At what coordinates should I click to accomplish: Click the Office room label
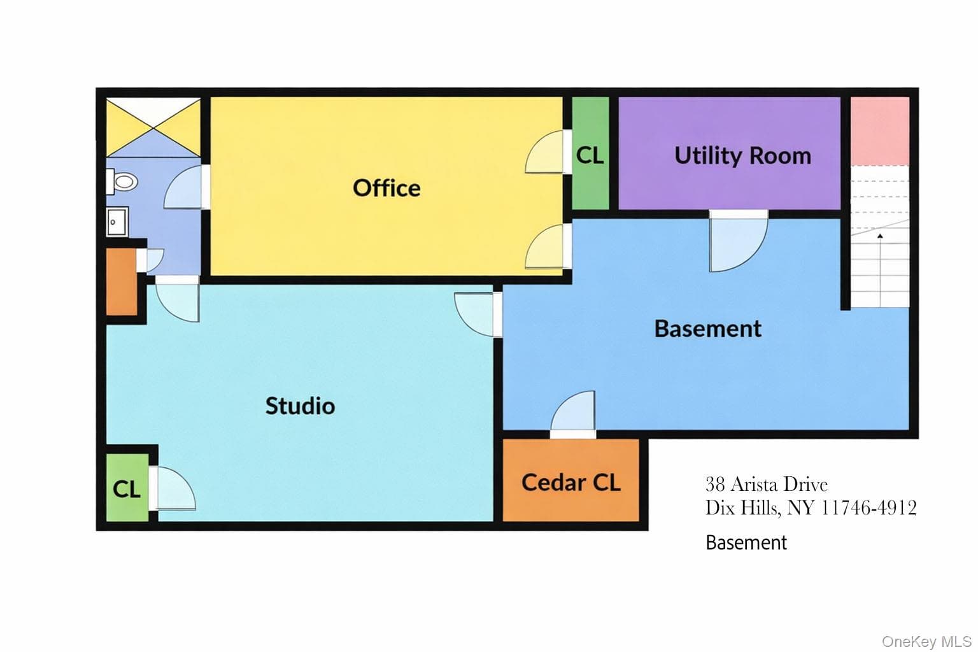pyautogui.click(x=386, y=188)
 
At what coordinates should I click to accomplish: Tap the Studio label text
pyautogui.click(x=300, y=406)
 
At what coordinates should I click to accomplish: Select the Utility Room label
pyautogui.click(x=742, y=155)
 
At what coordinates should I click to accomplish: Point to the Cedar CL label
pyautogui.click(x=570, y=483)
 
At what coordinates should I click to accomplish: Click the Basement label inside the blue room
pyautogui.click(x=708, y=329)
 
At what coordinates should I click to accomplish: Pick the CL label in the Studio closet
pyautogui.click(x=127, y=489)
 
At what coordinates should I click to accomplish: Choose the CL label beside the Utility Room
pyautogui.click(x=590, y=155)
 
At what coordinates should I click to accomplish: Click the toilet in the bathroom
pyautogui.click(x=122, y=181)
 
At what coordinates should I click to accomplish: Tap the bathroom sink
pyautogui.click(x=117, y=222)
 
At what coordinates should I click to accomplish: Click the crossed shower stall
pyautogui.click(x=153, y=127)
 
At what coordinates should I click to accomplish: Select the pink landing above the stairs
pyautogui.click(x=880, y=131)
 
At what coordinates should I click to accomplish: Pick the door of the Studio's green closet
pyautogui.click(x=172, y=488)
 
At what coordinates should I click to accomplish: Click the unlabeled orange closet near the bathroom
pyautogui.click(x=122, y=281)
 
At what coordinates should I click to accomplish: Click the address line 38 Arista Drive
pyautogui.click(x=766, y=485)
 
